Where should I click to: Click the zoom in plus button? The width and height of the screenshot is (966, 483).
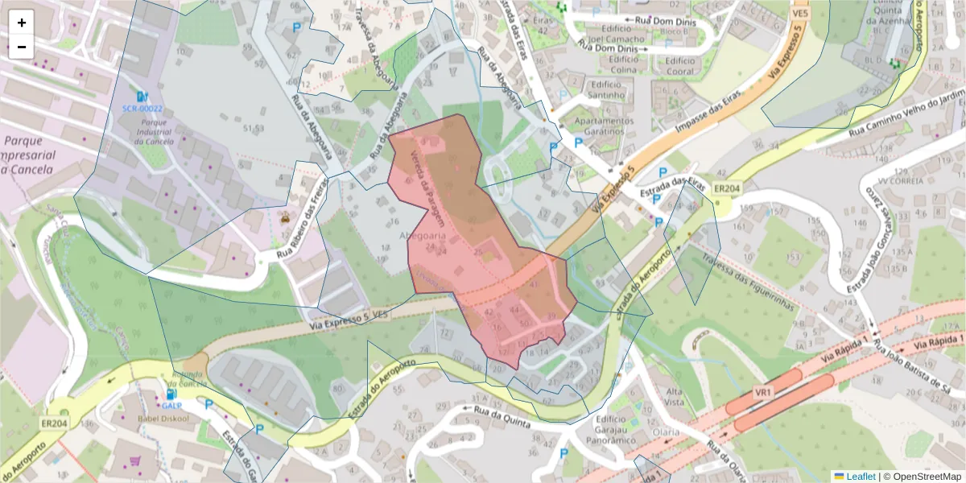(22, 23)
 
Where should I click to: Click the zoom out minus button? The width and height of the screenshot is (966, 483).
(22, 47)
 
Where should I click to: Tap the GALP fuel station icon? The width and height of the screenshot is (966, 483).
(170, 394)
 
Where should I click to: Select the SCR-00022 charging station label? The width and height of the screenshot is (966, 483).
(142, 108)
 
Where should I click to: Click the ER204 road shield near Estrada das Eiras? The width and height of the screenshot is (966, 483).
(727, 188)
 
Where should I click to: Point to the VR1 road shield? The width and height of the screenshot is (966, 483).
(763, 392)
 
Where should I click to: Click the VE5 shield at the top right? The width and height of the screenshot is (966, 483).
(800, 14)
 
